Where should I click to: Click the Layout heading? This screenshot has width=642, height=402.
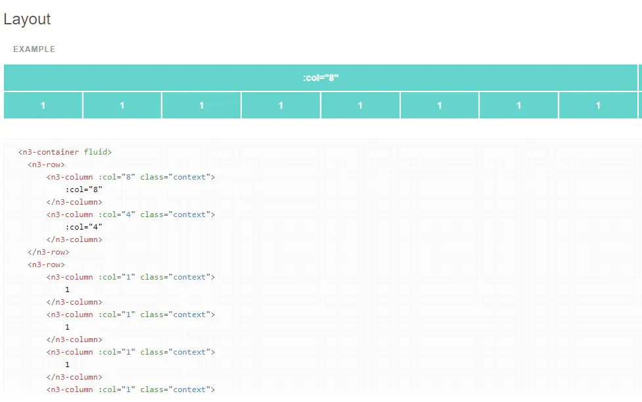(x=27, y=19)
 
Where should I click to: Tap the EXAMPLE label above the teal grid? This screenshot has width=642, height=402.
(x=34, y=49)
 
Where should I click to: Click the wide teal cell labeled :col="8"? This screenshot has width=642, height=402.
(x=321, y=78)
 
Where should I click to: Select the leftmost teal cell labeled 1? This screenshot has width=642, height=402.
(x=43, y=105)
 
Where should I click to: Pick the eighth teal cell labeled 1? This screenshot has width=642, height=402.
(x=598, y=105)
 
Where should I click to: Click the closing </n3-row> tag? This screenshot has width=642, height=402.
(x=49, y=252)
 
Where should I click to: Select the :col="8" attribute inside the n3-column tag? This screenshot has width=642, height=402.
(x=117, y=177)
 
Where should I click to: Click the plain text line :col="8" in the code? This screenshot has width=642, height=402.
(x=84, y=189)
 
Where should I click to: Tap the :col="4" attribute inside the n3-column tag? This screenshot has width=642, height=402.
(x=117, y=214)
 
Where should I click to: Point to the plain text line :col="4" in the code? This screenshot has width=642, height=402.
(x=84, y=227)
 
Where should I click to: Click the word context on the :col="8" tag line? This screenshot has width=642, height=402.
(x=191, y=177)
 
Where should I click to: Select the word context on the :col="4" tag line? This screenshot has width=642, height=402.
(x=191, y=214)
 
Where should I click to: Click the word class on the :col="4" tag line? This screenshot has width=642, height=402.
(x=151, y=214)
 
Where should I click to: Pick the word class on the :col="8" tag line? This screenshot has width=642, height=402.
(x=151, y=177)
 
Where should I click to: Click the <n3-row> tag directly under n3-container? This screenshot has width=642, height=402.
(x=46, y=164)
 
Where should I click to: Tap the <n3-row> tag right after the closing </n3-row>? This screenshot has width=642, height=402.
(x=46, y=264)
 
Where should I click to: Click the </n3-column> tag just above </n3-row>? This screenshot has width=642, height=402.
(x=74, y=239)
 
